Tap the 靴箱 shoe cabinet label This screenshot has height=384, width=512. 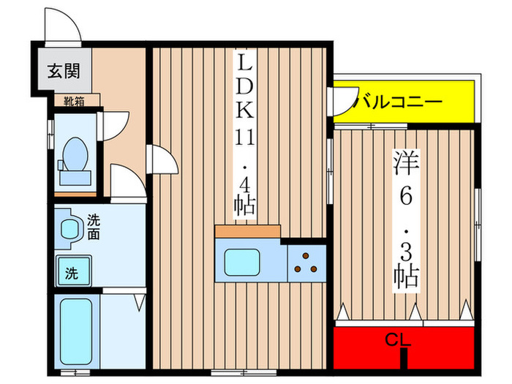tap(73, 102)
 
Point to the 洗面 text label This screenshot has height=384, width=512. tap(94, 226)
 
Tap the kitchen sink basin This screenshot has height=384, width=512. tap(240, 262)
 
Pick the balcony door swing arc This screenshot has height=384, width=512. tap(342, 102)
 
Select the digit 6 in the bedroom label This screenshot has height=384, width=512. tap(407, 195)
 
